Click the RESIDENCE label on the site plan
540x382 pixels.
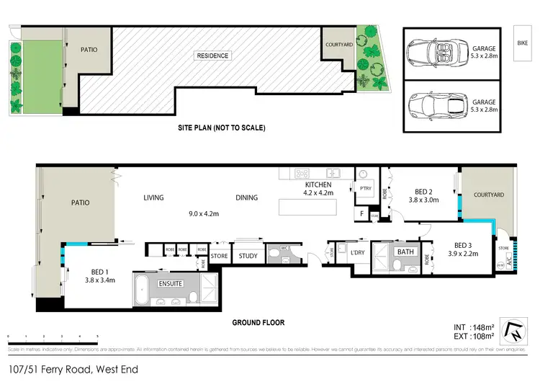pos(213,55)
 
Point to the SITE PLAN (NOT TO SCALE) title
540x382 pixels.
pos(222,128)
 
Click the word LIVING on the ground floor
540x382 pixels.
pos(153,197)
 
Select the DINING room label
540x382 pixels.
pos(246,197)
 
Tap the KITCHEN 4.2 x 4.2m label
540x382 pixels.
pos(317,189)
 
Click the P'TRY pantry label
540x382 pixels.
pos(364,187)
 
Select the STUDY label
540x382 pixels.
pos(248,255)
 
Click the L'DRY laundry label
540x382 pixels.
pos(358,252)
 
